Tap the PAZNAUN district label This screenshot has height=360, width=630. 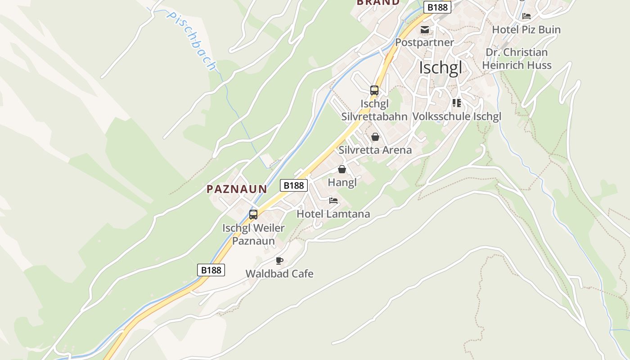pyautogui.click(x=237, y=189)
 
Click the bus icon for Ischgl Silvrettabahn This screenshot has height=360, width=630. pyautogui.click(x=374, y=90)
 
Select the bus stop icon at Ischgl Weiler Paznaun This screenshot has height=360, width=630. pyautogui.click(x=253, y=215)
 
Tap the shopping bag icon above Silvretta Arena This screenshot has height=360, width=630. pyautogui.click(x=375, y=137)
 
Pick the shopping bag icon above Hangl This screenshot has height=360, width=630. pyautogui.click(x=342, y=169)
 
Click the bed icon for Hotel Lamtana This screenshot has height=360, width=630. pyautogui.click(x=333, y=201)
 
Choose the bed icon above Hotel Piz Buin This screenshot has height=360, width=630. pyautogui.click(x=526, y=16)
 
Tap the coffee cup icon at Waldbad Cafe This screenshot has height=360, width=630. pyautogui.click(x=279, y=261)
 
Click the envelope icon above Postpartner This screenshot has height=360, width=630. pyautogui.click(x=424, y=30)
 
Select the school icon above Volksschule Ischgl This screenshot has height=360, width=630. pyautogui.click(x=457, y=103)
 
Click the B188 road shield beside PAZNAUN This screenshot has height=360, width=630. pyautogui.click(x=294, y=185)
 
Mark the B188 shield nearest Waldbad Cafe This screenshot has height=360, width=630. pyautogui.click(x=211, y=270)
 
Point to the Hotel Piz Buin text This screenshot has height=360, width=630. pyautogui.click(x=526, y=30)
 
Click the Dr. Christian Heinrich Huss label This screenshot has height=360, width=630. pyautogui.click(x=517, y=59)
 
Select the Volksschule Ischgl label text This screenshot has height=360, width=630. pyautogui.click(x=456, y=117)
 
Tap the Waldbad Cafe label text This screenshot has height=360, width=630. pyautogui.click(x=279, y=274)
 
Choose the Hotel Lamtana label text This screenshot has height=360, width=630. pyautogui.click(x=333, y=214)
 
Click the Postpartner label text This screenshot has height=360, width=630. pyautogui.click(x=424, y=42)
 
